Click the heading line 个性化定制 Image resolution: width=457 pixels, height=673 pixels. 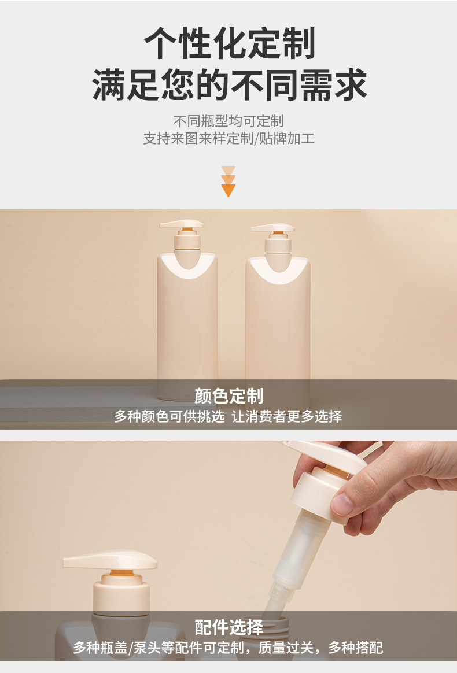[229, 43]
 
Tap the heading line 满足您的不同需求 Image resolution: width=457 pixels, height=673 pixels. [229, 84]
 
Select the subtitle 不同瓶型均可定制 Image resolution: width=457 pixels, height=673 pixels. [228, 121]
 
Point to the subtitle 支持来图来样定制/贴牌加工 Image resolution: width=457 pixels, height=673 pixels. [228, 138]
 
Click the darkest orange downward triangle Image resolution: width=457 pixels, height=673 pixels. [228, 190]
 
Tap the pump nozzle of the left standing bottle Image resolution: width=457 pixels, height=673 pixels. [182, 224]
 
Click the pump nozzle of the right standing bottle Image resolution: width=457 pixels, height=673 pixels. [272, 227]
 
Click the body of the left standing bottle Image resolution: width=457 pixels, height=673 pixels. [187, 326]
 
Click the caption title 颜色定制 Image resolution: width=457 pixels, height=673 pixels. [228, 395]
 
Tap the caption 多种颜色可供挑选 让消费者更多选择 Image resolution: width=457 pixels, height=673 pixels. [228, 416]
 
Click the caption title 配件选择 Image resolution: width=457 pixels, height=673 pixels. [228, 627]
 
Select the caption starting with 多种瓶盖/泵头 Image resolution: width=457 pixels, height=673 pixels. [228, 647]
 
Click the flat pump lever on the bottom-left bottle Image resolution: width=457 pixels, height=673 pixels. [110, 560]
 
